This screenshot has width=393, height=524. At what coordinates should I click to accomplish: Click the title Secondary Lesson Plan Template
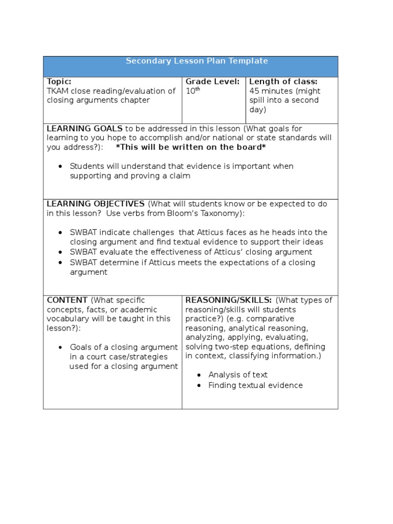(x=196, y=61)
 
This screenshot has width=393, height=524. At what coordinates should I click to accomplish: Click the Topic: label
(x=59, y=81)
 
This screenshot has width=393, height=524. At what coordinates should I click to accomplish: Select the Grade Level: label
(x=212, y=81)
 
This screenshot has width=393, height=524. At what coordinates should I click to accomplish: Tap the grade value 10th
(x=192, y=91)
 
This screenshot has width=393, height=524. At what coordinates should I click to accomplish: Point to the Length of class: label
(x=283, y=81)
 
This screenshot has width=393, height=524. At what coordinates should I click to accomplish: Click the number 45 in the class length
(x=254, y=91)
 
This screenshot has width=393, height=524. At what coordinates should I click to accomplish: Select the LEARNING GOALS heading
(x=84, y=128)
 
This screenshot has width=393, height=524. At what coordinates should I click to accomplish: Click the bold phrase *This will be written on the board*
(x=191, y=147)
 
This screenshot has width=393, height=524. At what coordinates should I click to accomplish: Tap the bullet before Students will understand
(x=61, y=166)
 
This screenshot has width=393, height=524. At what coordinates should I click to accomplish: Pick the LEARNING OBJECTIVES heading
(x=96, y=204)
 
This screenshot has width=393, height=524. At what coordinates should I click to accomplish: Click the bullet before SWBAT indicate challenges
(x=61, y=233)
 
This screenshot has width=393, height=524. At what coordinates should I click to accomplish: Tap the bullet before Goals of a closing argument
(x=61, y=347)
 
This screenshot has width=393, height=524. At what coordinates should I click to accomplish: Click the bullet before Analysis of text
(x=199, y=375)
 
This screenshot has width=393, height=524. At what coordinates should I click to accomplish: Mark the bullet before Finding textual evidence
(x=199, y=385)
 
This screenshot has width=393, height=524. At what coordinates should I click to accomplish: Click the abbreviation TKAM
(x=58, y=91)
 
